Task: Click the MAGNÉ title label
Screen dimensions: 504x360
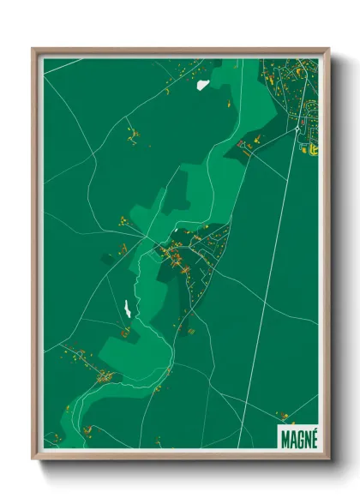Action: click(x=297, y=437)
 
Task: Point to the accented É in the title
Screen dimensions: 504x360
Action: click(x=312, y=436)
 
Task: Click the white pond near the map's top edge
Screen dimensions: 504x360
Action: click(x=203, y=84)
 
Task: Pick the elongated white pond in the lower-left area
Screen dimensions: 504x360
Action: click(x=126, y=307)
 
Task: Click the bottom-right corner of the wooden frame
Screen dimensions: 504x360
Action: click(x=328, y=459)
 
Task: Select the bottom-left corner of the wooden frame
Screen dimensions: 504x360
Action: click(x=33, y=459)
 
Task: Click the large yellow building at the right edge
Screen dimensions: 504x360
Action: click(x=314, y=149)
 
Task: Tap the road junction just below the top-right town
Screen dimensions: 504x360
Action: click(x=297, y=129)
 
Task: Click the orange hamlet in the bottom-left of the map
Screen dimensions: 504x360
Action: click(x=103, y=375)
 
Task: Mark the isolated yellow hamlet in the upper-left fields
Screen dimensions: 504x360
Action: click(x=132, y=134)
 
